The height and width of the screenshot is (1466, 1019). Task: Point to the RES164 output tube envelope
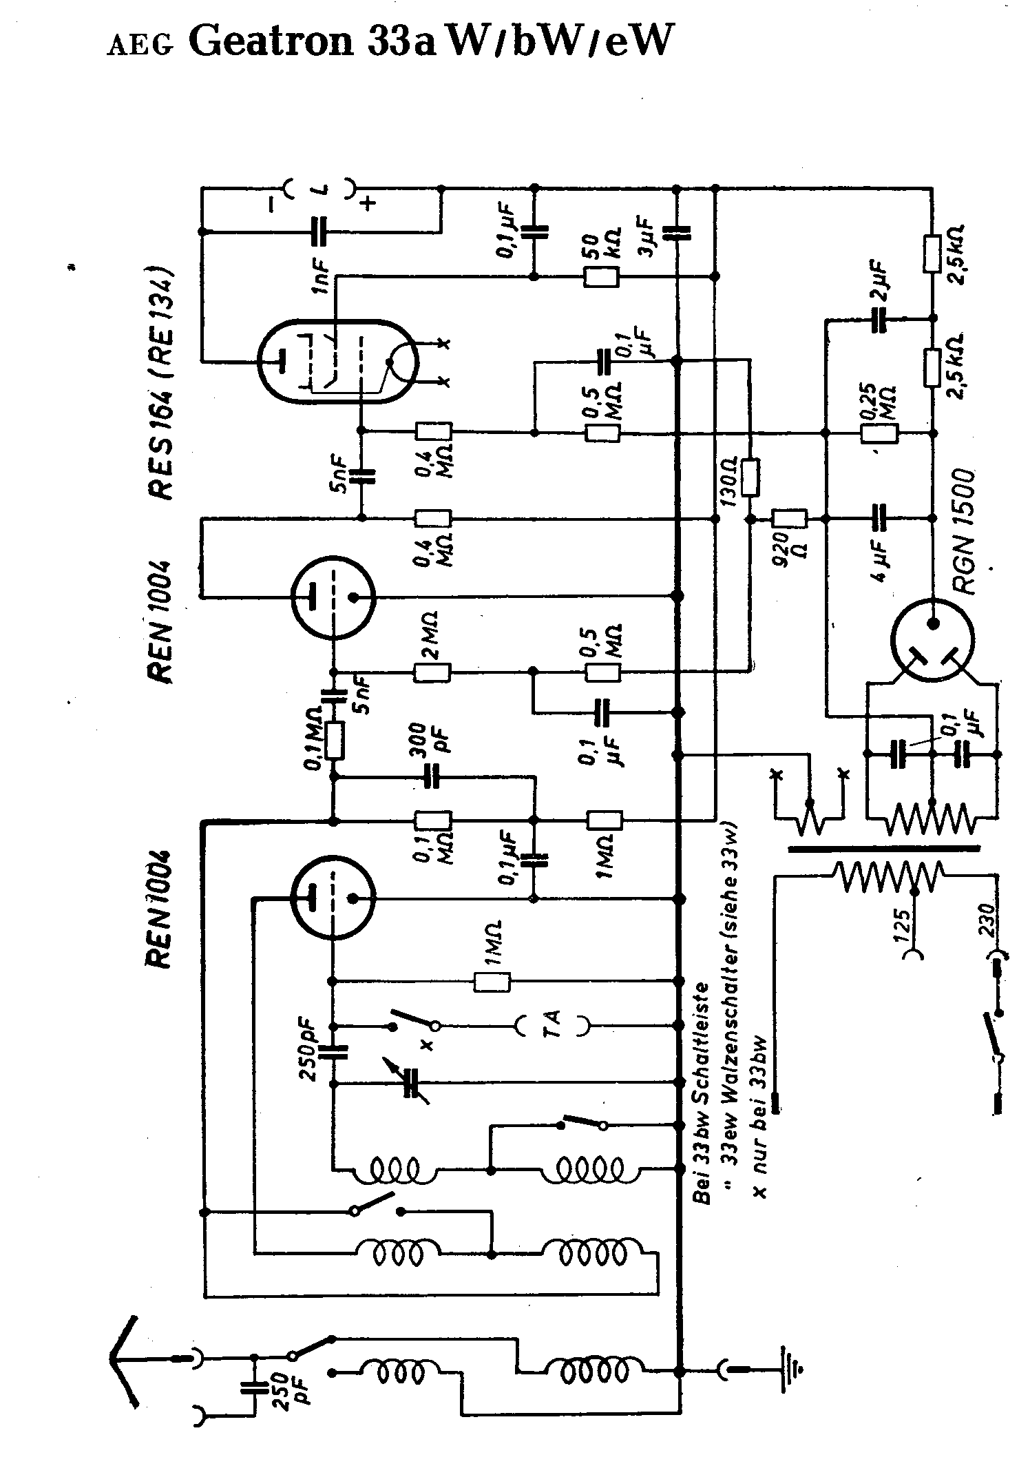coord(337,361)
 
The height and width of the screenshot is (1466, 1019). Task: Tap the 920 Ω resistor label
coord(789,549)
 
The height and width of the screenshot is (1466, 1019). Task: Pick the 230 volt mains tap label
coord(989,918)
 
